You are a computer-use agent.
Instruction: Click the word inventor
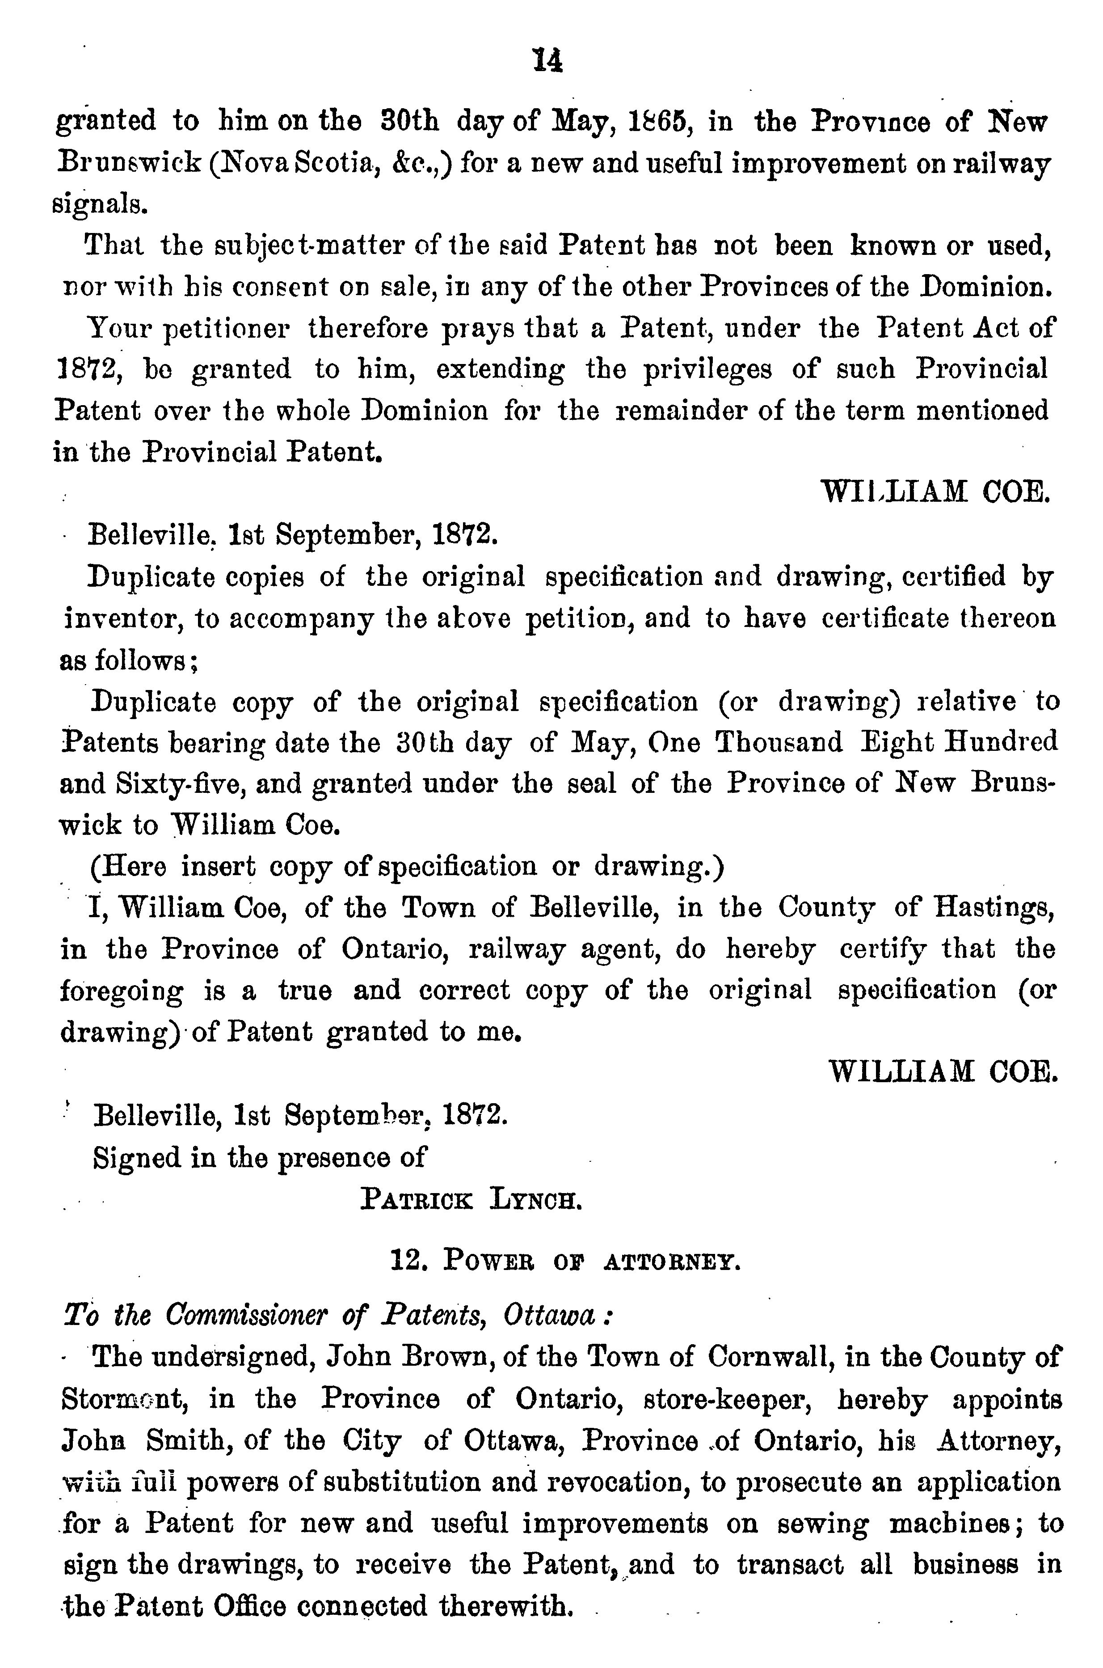(124, 619)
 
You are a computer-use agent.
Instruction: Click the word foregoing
(121, 991)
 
